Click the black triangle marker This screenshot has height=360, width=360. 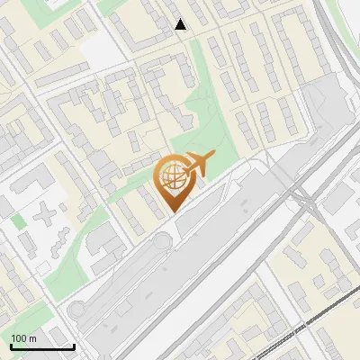(x=181, y=24)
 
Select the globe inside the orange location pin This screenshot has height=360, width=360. (x=172, y=177)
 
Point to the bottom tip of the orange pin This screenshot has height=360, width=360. (x=172, y=211)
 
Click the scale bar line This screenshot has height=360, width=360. (x=42, y=346)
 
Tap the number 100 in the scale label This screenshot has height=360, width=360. (x=19, y=337)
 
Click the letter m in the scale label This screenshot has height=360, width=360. (x=32, y=337)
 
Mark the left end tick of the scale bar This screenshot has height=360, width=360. (x=11, y=345)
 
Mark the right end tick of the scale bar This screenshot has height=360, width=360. (x=74, y=345)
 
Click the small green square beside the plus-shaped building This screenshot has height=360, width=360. (x=19, y=220)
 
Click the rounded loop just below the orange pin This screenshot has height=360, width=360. (x=161, y=241)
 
